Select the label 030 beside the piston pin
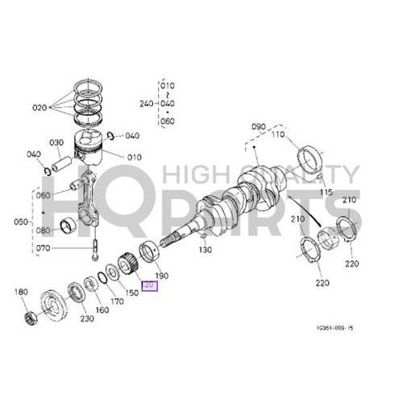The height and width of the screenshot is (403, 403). click(x=56, y=143)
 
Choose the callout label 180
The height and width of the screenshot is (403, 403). click(x=21, y=292)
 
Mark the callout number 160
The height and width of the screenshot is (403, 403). click(x=102, y=310)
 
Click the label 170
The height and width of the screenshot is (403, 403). click(x=118, y=302)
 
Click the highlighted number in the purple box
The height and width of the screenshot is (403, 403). click(x=149, y=285)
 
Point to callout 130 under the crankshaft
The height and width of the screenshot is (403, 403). click(x=205, y=251)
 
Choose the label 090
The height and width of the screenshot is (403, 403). click(x=259, y=127)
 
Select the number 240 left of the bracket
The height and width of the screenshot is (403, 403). click(x=147, y=103)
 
